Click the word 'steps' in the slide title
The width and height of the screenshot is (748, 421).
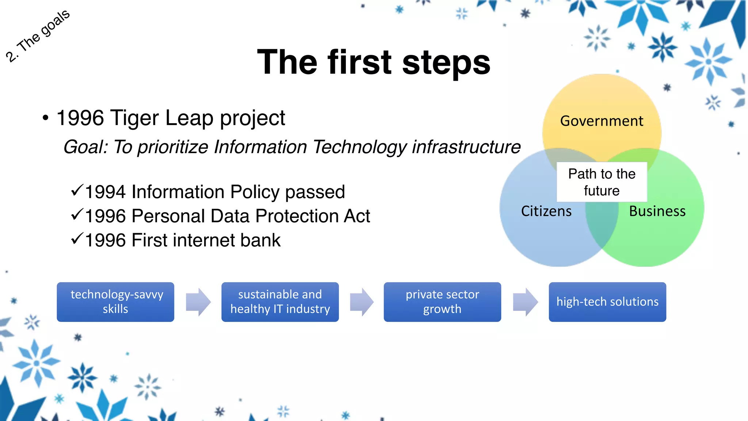pos(446,63)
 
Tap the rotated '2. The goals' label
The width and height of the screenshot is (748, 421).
pos(38,36)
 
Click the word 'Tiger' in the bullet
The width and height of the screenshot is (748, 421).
pos(134,118)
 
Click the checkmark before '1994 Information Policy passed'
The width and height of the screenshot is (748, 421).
pos(77,190)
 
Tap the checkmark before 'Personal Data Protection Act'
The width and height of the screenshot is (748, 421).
pos(77,214)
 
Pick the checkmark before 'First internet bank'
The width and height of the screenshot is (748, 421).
pos(77,238)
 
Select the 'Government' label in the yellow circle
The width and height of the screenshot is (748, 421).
pos(602,121)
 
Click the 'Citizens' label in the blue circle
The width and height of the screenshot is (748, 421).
pos(546,211)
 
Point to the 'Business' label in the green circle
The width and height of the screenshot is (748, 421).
pos(657,211)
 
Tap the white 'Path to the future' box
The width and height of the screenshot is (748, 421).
pos(602,182)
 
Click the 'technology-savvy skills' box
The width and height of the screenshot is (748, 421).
pos(115,302)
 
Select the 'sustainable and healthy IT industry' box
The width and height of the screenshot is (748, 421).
pos(280,302)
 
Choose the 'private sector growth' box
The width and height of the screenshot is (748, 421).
pos(442,302)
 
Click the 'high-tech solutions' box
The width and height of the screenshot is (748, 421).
pos(607,302)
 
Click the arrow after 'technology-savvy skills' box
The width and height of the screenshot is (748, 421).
pos(198,302)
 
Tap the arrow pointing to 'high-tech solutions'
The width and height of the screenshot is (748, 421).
pos(525,302)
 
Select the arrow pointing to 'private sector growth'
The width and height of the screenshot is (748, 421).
pos(362,302)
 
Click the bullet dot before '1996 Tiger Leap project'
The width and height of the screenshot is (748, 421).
pos(45,118)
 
